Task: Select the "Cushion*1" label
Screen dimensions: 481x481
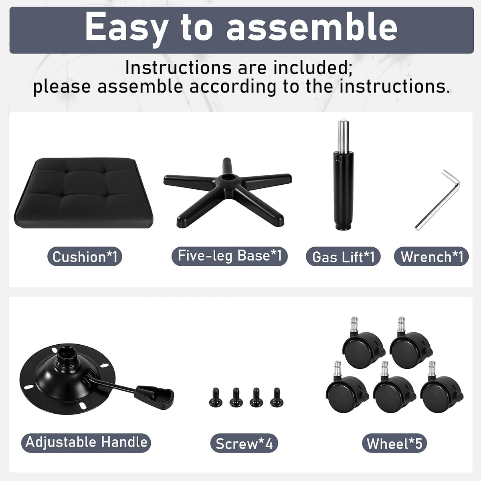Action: click(85, 257)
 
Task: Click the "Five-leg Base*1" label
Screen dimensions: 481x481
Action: click(230, 256)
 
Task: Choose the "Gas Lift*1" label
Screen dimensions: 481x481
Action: click(343, 257)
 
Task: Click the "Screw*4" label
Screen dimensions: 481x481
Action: click(244, 443)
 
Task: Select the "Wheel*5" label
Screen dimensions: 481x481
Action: click(394, 443)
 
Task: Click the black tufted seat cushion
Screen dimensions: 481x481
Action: click(84, 193)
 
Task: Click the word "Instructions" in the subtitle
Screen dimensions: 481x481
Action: click(178, 68)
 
